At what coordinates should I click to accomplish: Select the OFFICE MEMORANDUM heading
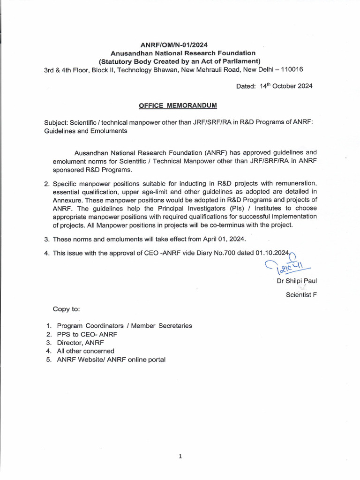point(178,105)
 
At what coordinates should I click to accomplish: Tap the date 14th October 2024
point(286,86)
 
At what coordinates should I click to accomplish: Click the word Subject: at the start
point(56,123)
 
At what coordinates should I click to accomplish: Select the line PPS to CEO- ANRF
point(87,334)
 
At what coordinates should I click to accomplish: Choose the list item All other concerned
point(85,351)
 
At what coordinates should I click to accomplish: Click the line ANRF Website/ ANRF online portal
point(111,360)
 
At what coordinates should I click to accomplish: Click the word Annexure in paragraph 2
point(59,200)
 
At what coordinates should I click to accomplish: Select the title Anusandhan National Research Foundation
point(180,53)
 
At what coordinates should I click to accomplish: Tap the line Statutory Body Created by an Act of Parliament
point(180,61)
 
